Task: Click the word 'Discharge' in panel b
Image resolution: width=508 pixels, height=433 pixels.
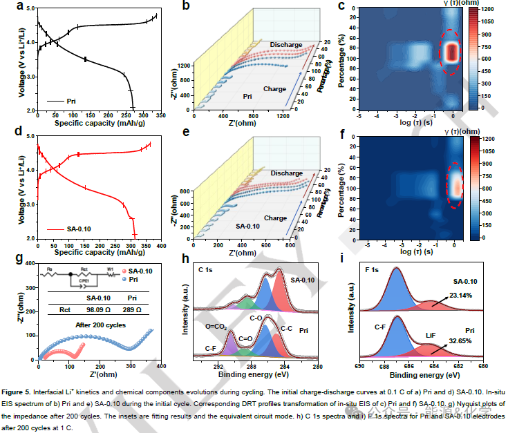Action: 285,44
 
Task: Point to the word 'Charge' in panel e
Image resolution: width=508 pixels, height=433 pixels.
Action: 275,218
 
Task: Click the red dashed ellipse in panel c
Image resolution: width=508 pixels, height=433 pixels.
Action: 451,52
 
